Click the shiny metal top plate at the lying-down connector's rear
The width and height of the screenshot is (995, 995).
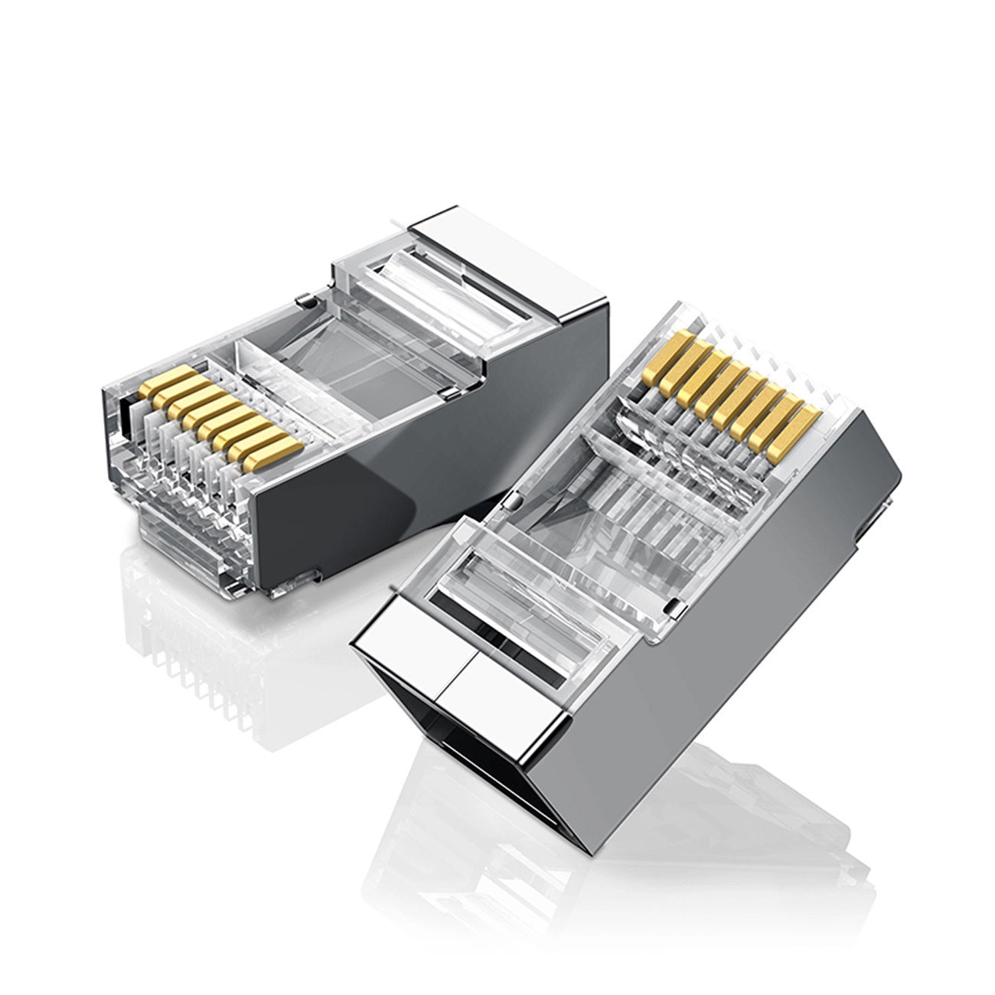pyautogui.click(x=452, y=237)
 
